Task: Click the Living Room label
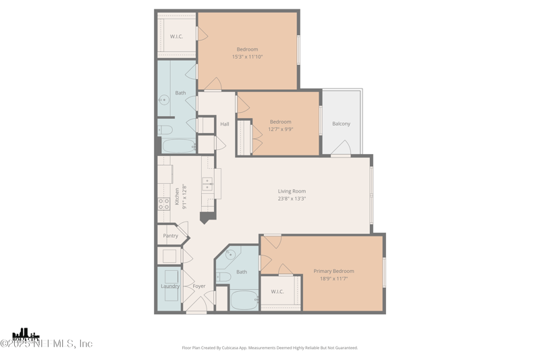(x=292, y=191)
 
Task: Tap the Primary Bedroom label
(x=333, y=272)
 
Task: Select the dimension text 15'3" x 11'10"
(x=247, y=57)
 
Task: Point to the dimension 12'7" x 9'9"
(x=280, y=129)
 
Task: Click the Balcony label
(x=341, y=124)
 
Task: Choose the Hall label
(x=225, y=124)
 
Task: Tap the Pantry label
(x=171, y=236)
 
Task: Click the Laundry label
(x=170, y=286)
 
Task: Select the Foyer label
(x=199, y=286)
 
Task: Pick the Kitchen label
(x=178, y=197)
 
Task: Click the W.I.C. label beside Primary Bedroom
(x=277, y=292)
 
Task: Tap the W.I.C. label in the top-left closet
(x=176, y=36)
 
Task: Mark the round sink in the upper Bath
(x=164, y=100)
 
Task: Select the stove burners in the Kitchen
(x=164, y=203)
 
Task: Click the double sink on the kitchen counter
(x=208, y=184)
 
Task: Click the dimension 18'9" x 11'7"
(x=333, y=278)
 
